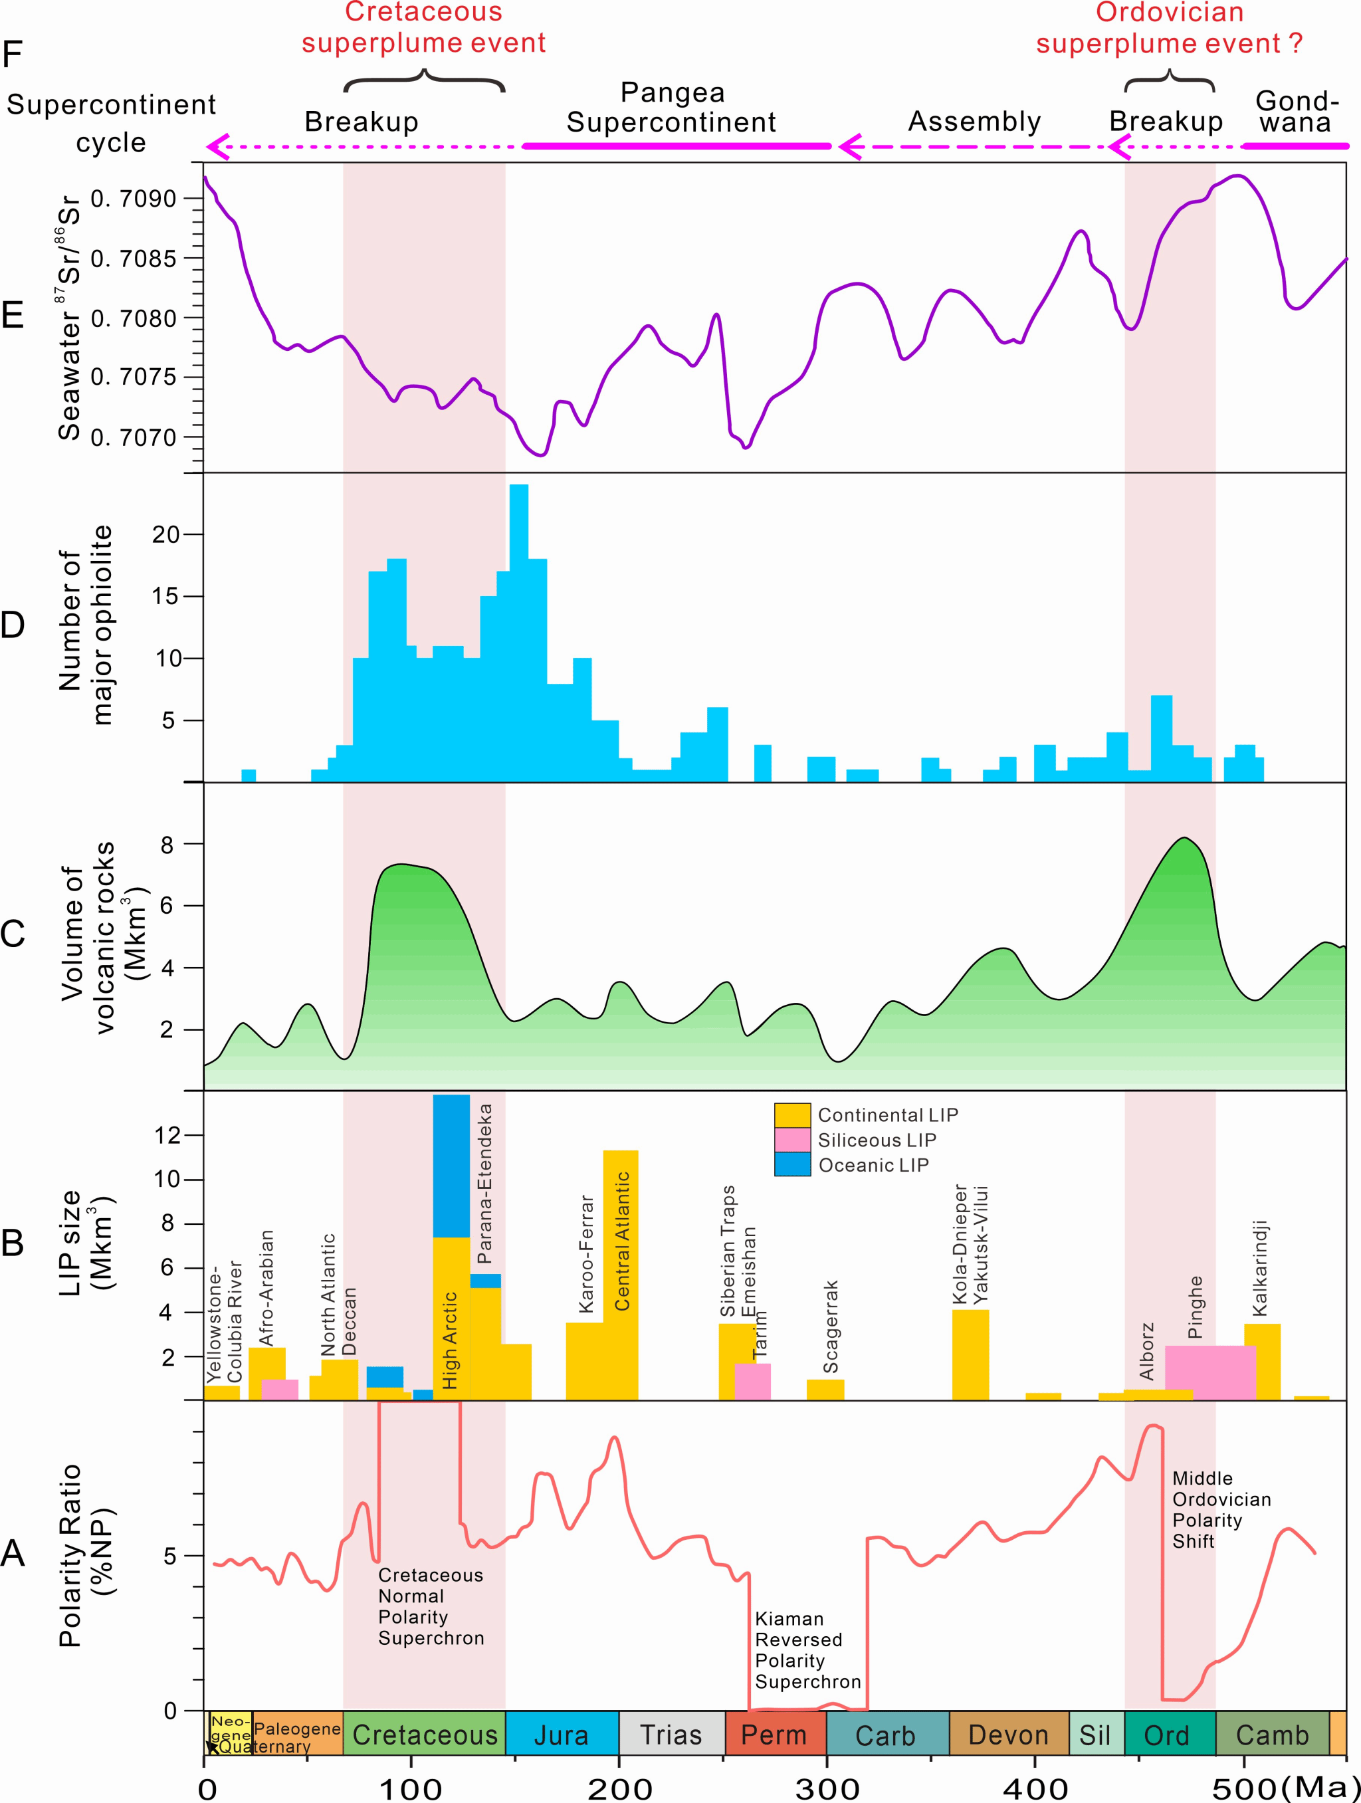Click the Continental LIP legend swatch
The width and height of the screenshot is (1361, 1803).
point(792,1115)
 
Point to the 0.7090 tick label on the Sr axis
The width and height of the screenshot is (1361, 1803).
point(133,199)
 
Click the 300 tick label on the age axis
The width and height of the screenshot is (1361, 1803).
point(827,1788)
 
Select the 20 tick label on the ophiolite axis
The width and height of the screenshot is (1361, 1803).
point(167,535)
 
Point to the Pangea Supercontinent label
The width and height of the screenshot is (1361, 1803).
point(672,108)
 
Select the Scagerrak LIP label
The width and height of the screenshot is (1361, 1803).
point(831,1326)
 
